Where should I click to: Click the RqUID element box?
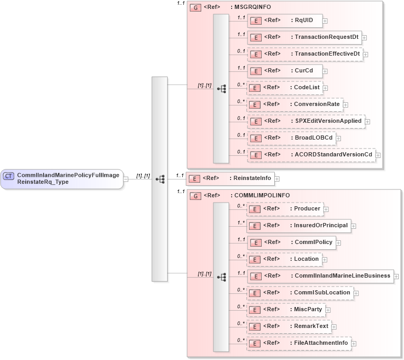tap(284, 20)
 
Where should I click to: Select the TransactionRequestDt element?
tap(304, 37)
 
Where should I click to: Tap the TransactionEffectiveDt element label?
tap(327, 54)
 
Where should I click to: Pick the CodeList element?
tap(285, 88)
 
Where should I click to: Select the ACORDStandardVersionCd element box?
tap(311, 155)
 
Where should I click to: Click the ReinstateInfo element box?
tap(230, 178)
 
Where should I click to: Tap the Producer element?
tap(285, 209)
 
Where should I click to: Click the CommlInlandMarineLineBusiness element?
tap(320, 276)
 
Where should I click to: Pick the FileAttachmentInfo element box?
tap(299, 343)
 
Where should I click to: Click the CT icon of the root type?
tap(9, 176)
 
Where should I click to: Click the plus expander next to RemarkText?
tap(334, 327)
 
